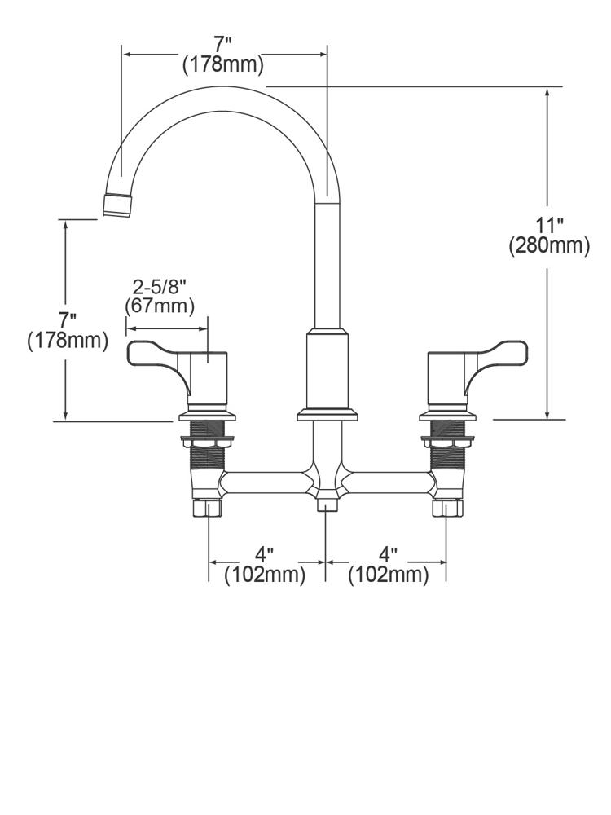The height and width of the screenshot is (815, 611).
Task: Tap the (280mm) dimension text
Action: pos(548,245)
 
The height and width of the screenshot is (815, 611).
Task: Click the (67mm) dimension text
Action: pos(160,306)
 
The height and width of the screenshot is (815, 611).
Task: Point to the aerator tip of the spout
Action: pos(118,205)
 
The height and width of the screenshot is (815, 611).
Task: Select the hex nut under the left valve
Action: pos(208,509)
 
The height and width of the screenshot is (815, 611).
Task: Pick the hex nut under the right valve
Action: pos(445,509)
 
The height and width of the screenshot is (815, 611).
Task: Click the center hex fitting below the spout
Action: pos(327,500)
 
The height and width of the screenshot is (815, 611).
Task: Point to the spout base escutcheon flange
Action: pos(327,415)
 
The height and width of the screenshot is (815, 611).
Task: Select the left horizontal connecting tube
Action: pos(266,482)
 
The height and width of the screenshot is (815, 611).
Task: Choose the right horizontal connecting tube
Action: pos(387,482)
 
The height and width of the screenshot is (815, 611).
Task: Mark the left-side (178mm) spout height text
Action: pos(67,340)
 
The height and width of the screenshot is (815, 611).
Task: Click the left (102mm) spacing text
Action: pos(265,575)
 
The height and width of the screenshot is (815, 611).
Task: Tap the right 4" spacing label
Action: pos(388,556)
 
